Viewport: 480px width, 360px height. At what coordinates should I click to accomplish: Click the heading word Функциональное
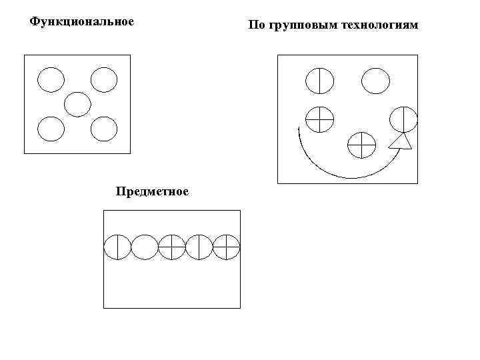tap(82, 21)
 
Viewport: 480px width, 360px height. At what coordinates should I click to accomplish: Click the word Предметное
tap(152, 192)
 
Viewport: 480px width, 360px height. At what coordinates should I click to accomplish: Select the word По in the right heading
tap(255, 26)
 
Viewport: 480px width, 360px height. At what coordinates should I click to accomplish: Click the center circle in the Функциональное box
tap(77, 104)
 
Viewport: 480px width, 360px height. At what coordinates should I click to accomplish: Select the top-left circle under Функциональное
tap(51, 80)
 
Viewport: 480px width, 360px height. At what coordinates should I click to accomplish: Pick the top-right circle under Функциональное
tap(104, 80)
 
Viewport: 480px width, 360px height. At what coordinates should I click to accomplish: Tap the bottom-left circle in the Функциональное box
tap(51, 129)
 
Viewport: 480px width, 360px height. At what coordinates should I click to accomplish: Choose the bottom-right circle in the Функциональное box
tap(104, 129)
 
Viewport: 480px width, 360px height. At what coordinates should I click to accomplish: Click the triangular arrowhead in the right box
tap(400, 141)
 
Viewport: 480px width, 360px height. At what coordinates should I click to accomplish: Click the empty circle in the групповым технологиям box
tap(375, 81)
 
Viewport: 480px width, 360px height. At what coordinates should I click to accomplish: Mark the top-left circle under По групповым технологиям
tap(319, 81)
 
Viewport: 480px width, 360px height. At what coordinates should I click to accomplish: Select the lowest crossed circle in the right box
tap(362, 144)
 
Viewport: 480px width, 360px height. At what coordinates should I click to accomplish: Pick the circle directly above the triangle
tap(403, 119)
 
